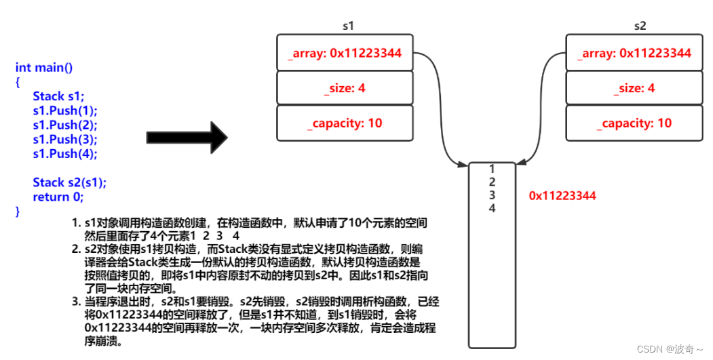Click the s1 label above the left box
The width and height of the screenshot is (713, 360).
coord(348,26)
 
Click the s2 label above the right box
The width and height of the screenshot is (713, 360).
coord(640,26)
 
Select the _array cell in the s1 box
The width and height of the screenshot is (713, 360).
coord(345,53)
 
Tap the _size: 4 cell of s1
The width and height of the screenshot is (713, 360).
coord(345,87)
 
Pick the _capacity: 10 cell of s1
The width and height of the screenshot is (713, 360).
coord(345,123)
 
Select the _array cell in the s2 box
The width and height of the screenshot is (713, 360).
coord(634,53)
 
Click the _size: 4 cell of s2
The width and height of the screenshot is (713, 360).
coord(634,87)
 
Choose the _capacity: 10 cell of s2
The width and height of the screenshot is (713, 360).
coord(634,123)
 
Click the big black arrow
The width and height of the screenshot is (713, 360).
coord(187,137)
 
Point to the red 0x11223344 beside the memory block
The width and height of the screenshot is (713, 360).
coord(562,196)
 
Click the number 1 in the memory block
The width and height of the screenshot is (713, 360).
coord(492,169)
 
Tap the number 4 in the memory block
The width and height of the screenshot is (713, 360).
coord(492,208)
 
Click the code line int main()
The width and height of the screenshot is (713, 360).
coord(44,68)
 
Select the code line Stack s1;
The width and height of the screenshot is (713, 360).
coord(58,96)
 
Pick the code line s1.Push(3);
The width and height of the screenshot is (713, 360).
coord(65,139)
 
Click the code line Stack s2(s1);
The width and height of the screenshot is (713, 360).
coord(70,183)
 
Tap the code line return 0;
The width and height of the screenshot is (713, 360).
coord(58,197)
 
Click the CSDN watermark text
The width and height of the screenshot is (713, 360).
coord(670,349)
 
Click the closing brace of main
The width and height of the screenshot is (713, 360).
coord(18,212)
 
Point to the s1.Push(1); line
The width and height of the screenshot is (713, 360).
coord(65,111)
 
